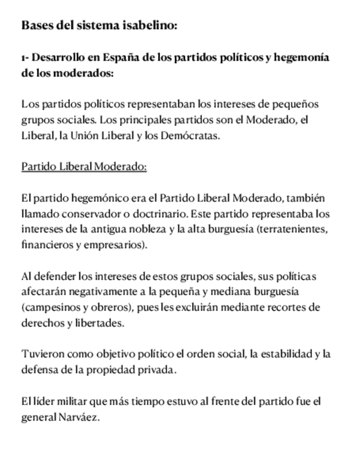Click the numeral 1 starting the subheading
tap(24, 58)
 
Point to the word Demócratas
tap(190, 135)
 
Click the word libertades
tap(102, 323)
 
